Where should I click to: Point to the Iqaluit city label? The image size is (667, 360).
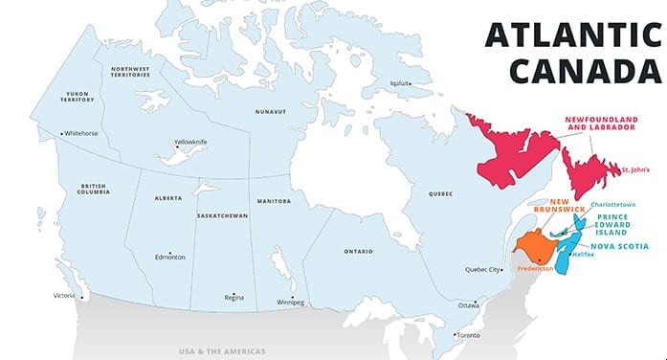pyautogui.click(x=396, y=82)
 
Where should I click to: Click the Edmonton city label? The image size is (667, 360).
pyautogui.click(x=170, y=257)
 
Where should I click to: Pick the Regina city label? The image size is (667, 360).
pyautogui.click(x=233, y=297)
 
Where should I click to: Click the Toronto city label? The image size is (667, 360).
pyautogui.click(x=468, y=335)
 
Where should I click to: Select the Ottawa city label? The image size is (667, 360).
pyautogui.click(x=468, y=304)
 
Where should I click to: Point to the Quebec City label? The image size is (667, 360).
pyautogui.click(x=482, y=270)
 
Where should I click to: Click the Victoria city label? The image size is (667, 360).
pyautogui.click(x=63, y=295)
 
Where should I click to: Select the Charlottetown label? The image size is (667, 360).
pyautogui.click(x=613, y=205)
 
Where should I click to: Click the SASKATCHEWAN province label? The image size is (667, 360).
pyautogui.click(x=223, y=216)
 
